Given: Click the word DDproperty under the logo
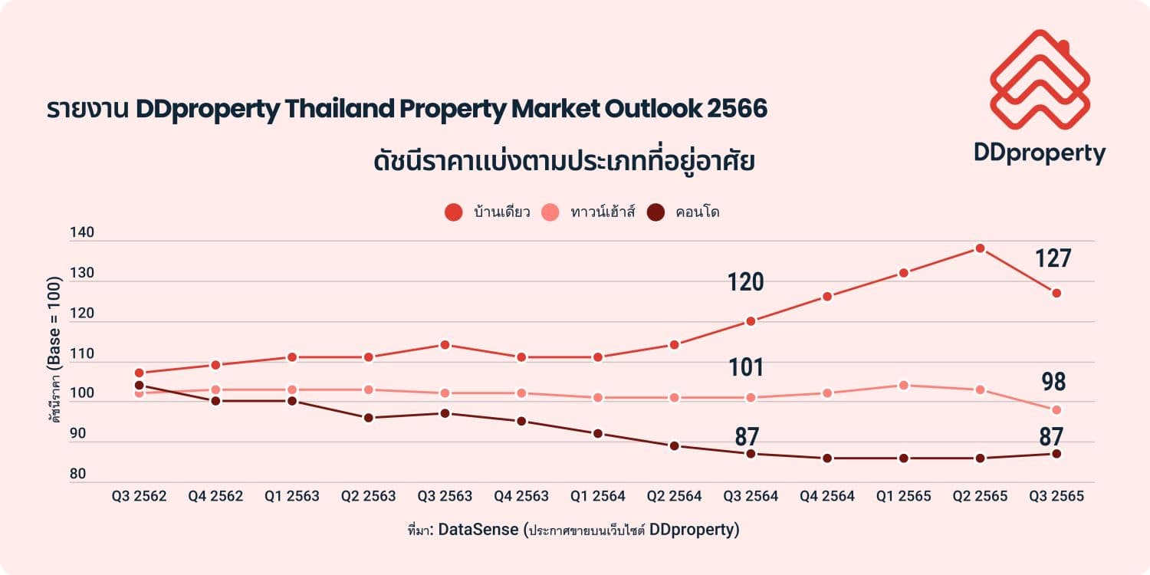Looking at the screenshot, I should point(1040,153).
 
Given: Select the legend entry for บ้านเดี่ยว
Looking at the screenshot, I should point(488,212).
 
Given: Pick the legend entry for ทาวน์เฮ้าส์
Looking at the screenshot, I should point(589,212).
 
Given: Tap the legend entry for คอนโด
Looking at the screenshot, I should point(684,212).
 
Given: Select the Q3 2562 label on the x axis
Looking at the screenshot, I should point(139,496).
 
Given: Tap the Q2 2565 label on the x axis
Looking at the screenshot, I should point(980,496).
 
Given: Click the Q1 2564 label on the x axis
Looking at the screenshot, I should point(598,496).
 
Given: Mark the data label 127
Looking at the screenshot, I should point(1053,259).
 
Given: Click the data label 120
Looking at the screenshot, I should point(746,283).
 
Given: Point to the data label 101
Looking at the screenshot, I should point(746,368).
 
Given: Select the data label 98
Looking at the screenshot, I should point(1053,382).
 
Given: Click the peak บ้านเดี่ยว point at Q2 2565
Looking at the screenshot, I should point(980,248).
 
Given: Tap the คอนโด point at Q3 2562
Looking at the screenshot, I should point(139,386).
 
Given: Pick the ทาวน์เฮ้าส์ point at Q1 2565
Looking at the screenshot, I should point(904,385).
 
